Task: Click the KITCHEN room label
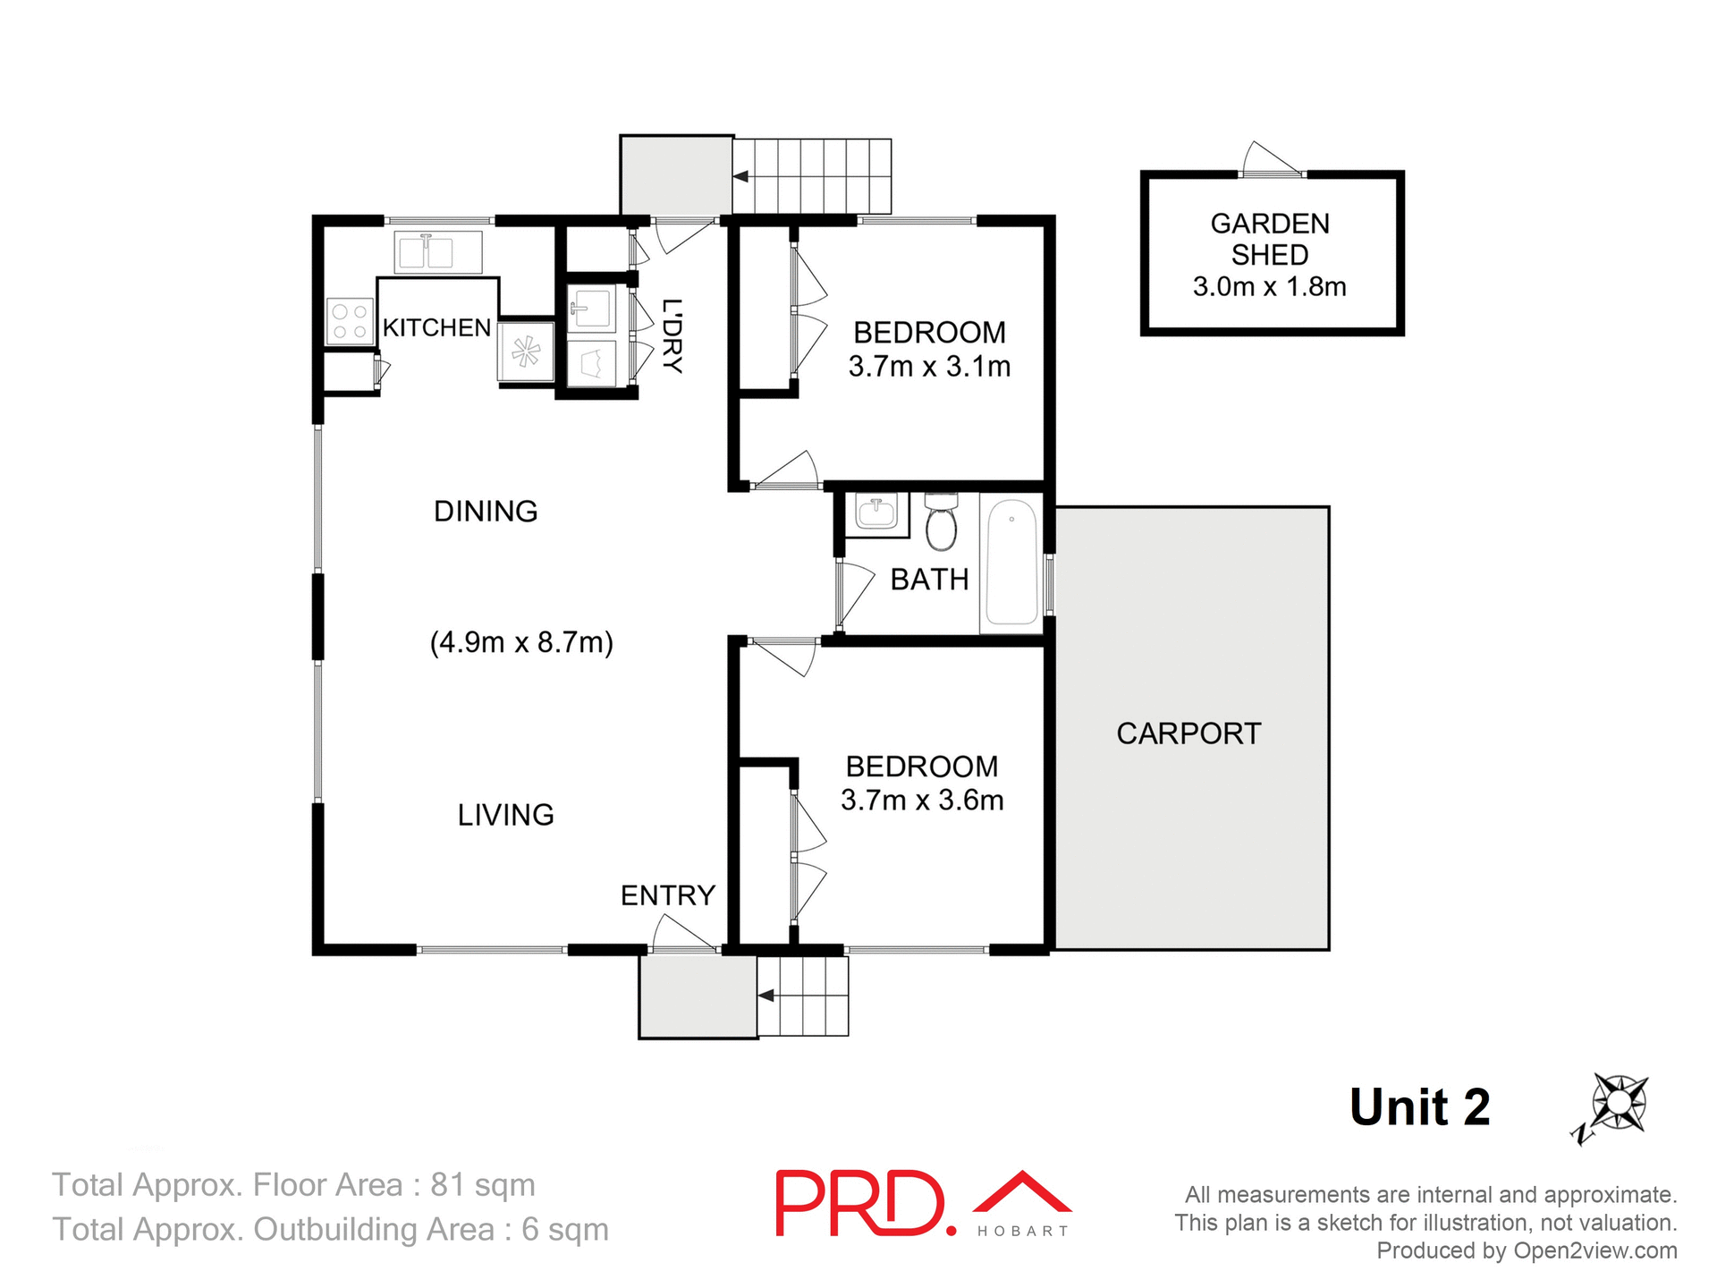point(436,327)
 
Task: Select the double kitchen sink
point(437,252)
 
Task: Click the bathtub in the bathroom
point(1011,563)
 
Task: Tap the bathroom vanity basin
point(876,514)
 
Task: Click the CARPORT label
point(1188,733)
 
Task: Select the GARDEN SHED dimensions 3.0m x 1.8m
point(1269,287)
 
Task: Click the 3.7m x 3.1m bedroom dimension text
point(929,367)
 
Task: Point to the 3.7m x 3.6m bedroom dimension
point(922,800)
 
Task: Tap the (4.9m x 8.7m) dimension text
point(521,642)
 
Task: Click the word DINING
point(486,511)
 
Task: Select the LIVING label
point(505,815)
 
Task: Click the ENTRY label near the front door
point(668,895)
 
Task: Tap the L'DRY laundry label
point(672,335)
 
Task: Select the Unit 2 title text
point(1419,1107)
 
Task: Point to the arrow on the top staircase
point(741,176)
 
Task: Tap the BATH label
point(929,580)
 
